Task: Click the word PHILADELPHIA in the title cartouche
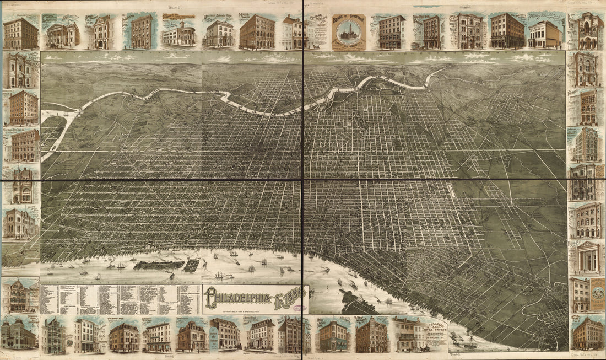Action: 239,299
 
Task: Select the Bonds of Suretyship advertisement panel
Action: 349,32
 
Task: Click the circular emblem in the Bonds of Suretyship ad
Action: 349,35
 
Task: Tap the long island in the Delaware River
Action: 158,265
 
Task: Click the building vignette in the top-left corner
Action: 20,33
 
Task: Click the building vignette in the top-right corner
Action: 587,31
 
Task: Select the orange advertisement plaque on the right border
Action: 598,294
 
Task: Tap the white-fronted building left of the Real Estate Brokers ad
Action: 407,335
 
